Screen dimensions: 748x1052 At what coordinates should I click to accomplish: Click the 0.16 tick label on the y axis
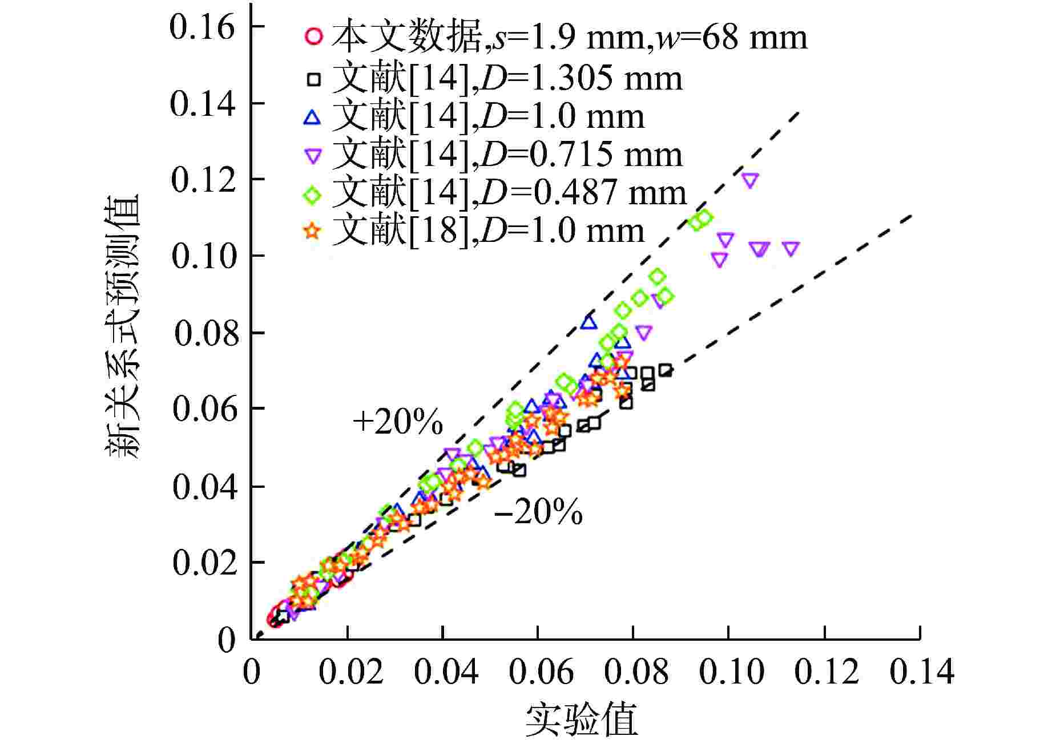[x=202, y=27]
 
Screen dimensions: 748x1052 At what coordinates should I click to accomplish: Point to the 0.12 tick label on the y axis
[x=203, y=180]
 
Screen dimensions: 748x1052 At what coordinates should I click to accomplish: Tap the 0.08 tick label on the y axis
[x=205, y=333]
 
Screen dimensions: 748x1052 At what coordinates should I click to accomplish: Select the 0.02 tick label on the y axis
[x=204, y=563]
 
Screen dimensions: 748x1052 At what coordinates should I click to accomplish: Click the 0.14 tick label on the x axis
[x=921, y=672]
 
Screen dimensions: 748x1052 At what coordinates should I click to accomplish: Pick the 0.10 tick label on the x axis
[x=731, y=672]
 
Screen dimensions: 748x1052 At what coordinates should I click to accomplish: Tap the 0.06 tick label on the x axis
[x=541, y=672]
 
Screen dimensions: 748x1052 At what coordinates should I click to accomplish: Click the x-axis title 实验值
[x=581, y=720]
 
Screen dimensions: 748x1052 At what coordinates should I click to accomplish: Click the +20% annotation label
[x=398, y=423]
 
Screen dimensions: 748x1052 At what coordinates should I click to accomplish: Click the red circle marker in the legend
[x=313, y=37]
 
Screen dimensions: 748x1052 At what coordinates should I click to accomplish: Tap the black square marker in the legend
[x=313, y=79]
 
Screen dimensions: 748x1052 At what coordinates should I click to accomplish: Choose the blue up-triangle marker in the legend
[x=313, y=118]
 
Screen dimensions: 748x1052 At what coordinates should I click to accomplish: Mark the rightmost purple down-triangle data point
[x=791, y=249]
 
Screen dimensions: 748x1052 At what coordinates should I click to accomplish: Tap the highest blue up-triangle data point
[x=589, y=322]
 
